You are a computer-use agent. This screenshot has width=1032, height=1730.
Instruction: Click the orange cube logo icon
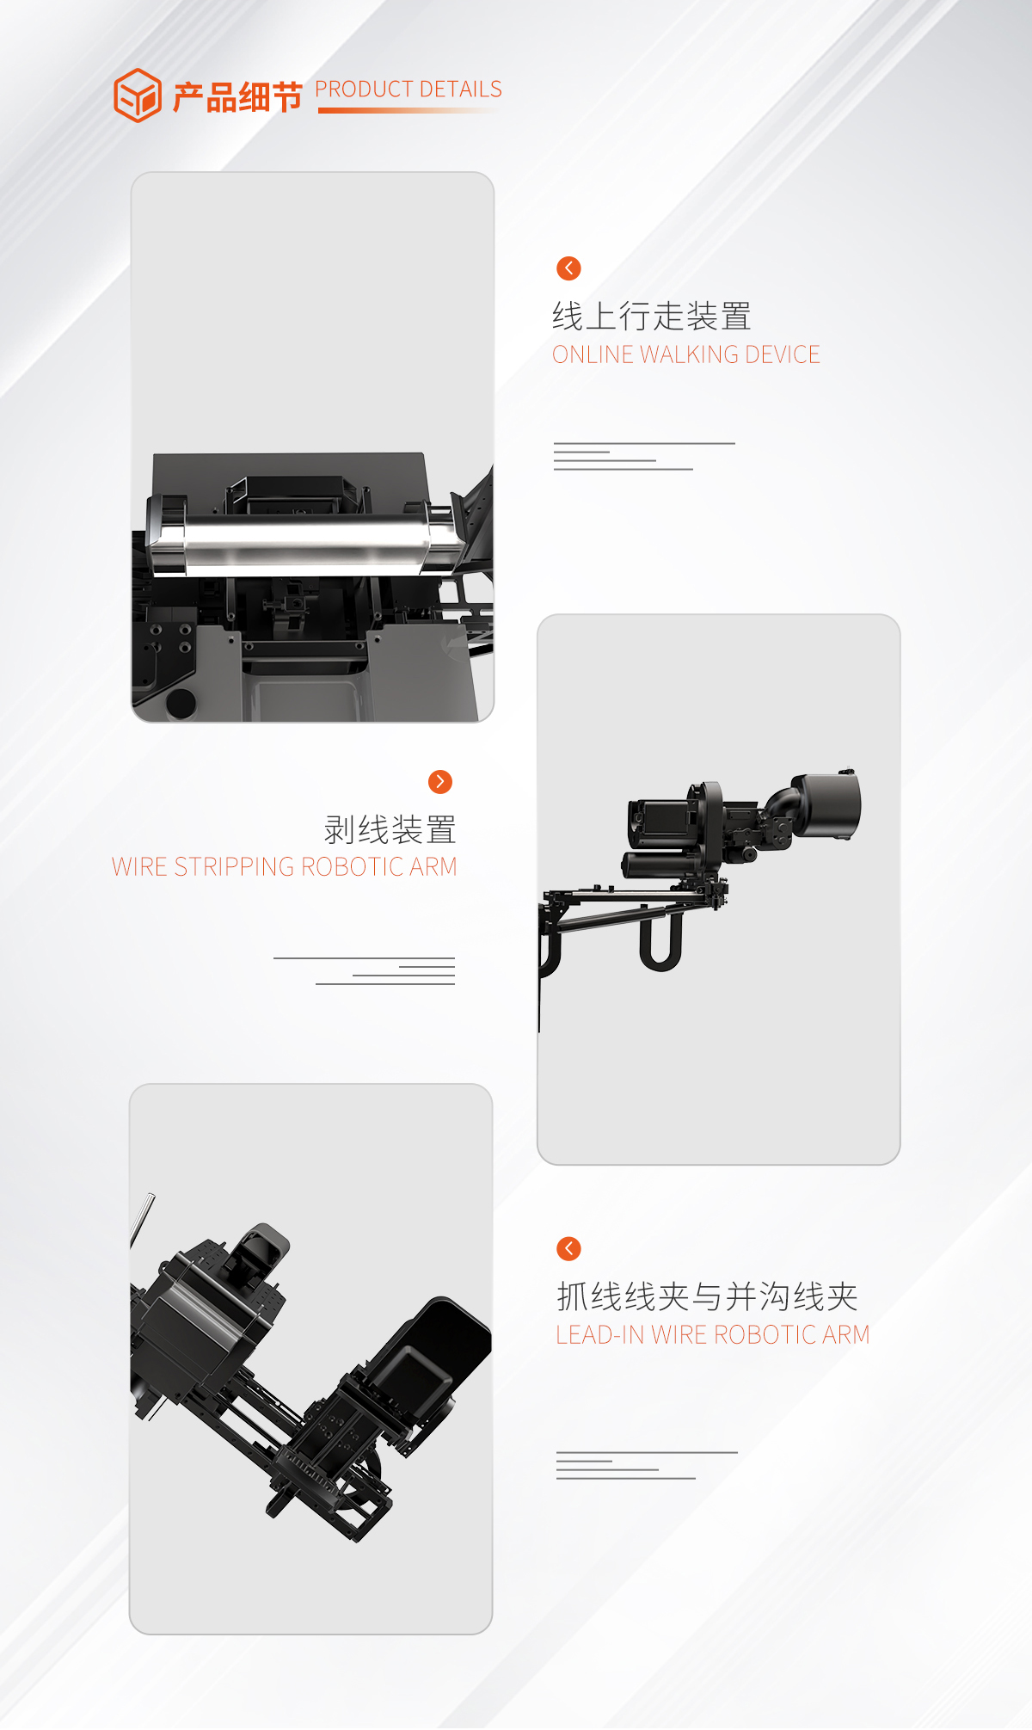[137, 95]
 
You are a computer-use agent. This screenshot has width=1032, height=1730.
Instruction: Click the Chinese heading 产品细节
[237, 97]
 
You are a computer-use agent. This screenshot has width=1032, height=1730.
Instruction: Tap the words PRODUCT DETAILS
[408, 89]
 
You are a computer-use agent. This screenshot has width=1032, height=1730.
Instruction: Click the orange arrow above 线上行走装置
[568, 268]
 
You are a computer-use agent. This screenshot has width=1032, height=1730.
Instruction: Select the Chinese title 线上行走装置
[652, 317]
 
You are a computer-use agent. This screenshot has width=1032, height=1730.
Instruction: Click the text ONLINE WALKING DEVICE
[685, 354]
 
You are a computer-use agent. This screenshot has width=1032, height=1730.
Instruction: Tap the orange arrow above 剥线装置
[440, 781]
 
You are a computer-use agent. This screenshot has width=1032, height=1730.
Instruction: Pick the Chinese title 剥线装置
[390, 830]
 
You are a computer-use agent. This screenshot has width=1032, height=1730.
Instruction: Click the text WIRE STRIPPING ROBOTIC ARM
[284, 867]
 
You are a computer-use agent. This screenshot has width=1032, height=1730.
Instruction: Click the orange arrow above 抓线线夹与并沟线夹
[568, 1248]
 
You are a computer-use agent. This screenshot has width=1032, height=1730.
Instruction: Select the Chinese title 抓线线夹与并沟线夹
[707, 1296]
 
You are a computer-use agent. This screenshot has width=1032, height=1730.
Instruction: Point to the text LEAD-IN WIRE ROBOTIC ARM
[712, 1335]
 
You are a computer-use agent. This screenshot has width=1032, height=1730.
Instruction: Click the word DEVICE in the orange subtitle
[783, 354]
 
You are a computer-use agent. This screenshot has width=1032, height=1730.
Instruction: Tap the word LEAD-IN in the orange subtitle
[599, 1335]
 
